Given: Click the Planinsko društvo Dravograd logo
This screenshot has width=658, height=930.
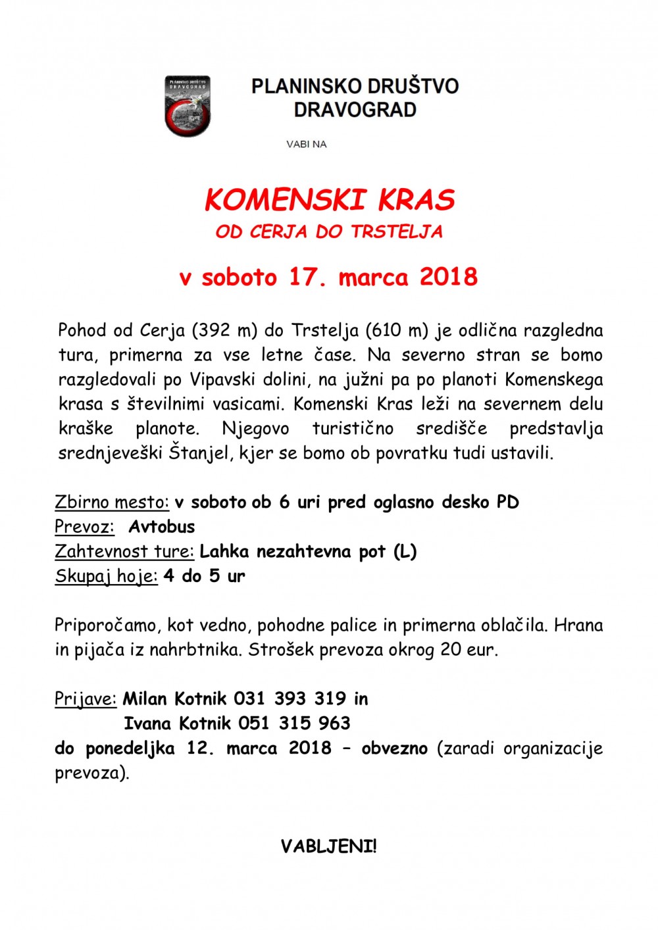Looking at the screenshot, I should [188, 106].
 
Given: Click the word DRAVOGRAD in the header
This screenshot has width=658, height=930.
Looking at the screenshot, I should [355, 109].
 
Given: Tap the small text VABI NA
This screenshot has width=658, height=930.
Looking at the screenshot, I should [306, 144].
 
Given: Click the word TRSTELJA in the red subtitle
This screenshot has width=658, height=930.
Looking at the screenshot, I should [397, 232].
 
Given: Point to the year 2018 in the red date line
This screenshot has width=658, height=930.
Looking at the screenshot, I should [449, 277].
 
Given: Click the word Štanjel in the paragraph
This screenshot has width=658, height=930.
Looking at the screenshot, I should [195, 453].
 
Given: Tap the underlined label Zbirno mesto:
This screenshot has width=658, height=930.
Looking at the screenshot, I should [112, 502].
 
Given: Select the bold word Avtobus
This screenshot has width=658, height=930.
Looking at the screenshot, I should [162, 527].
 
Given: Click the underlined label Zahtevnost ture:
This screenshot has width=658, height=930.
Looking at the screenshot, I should [124, 551].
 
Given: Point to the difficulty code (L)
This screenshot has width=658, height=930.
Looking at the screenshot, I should [405, 551].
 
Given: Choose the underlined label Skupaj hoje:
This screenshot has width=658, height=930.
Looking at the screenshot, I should [106, 576].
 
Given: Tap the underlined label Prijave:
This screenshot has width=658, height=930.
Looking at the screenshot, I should [86, 698].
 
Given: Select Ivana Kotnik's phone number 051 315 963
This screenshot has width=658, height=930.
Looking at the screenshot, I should [294, 723].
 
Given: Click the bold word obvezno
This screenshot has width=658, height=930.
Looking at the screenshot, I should [394, 748].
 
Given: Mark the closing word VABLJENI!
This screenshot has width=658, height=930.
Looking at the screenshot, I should [329, 846].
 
